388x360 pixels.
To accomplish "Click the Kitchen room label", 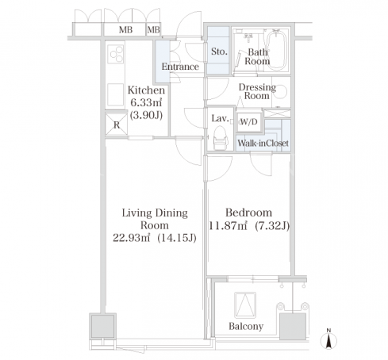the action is click(x=146, y=90).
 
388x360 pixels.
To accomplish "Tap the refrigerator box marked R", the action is click(x=117, y=124).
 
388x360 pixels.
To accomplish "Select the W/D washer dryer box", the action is click(x=249, y=122).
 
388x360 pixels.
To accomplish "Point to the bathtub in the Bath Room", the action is click(x=276, y=50).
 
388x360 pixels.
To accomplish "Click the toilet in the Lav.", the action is click(x=221, y=137).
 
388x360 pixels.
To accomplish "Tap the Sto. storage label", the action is click(x=219, y=52).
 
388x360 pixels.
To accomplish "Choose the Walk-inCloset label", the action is click(x=263, y=144).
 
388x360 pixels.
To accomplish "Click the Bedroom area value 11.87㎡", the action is click(x=229, y=226).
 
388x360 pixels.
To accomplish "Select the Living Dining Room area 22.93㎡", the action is click(x=132, y=238).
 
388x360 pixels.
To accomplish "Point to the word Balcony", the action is click(x=246, y=327).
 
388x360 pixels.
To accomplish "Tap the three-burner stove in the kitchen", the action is click(x=116, y=54).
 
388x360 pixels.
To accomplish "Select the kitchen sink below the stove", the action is click(x=115, y=94).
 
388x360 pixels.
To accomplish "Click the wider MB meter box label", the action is click(x=125, y=30).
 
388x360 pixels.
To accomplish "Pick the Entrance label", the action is click(x=180, y=67).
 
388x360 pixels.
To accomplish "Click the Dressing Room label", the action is click(x=257, y=91).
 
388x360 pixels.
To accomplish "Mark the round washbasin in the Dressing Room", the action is click(x=282, y=92).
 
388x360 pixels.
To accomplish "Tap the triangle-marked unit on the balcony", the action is click(x=245, y=305).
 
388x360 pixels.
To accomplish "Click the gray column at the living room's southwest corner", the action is click(x=102, y=326).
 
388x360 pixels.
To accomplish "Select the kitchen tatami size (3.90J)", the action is click(x=146, y=115).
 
